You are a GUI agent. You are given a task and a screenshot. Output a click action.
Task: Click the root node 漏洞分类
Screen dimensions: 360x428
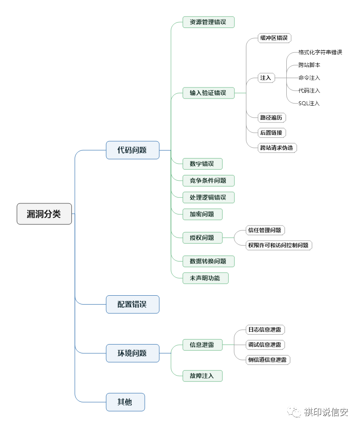(44, 214)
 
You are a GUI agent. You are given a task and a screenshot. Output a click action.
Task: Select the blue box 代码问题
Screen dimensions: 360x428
(133, 150)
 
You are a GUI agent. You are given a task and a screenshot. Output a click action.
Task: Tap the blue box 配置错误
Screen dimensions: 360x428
(133, 304)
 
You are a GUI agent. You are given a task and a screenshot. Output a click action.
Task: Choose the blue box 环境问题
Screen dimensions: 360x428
(133, 353)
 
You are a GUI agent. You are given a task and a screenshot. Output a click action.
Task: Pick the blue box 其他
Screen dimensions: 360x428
(125, 402)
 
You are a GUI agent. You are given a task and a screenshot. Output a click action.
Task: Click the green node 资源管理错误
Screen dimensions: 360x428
(209, 22)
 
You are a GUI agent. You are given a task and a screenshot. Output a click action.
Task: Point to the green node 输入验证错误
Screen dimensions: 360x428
(209, 93)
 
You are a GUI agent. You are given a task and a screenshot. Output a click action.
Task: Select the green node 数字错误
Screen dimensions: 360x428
(202, 164)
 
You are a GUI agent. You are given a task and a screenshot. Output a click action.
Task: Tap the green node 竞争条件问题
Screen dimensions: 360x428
(209, 181)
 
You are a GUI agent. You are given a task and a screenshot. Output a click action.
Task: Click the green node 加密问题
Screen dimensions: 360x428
(202, 214)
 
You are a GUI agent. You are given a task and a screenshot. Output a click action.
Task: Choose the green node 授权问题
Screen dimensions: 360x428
(202, 238)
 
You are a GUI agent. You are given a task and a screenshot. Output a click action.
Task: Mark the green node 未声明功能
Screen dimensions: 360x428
(206, 278)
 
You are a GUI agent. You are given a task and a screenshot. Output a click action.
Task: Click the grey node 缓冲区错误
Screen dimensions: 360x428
(275, 38)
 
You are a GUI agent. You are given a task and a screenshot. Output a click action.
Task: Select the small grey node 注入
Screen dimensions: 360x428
(266, 78)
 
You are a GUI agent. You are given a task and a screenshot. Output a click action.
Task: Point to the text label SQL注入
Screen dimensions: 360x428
(309, 103)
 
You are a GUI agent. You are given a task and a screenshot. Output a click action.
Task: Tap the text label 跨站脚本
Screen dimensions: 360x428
(309, 65)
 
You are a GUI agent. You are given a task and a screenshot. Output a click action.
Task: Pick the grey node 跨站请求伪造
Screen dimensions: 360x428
(277, 148)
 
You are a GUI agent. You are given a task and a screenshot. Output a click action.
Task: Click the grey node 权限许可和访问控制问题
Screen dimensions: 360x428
(279, 246)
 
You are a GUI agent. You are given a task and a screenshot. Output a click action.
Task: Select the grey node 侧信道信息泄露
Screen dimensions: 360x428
(268, 360)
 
